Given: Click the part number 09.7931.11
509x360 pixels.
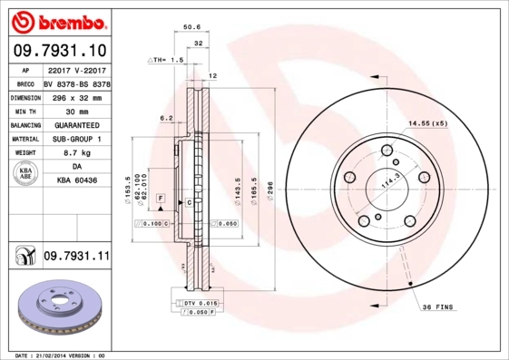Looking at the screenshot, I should click(77, 257).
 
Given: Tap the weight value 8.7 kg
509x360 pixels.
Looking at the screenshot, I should click(76, 153).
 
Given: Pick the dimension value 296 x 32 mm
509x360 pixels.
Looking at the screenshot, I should click(76, 96).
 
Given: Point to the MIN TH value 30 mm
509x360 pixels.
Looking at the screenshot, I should click(76, 111).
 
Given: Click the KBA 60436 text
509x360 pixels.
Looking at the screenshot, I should click(76, 182).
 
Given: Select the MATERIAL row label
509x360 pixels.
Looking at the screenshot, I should click(24, 140).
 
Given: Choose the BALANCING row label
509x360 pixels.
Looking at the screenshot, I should click(24, 125).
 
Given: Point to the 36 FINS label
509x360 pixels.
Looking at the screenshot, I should click(438, 308).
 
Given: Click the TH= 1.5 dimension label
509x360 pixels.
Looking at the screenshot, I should click(166, 59).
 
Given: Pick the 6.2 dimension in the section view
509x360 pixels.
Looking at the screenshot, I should click(166, 118).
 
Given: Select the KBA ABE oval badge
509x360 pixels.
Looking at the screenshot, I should click(24, 174).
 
